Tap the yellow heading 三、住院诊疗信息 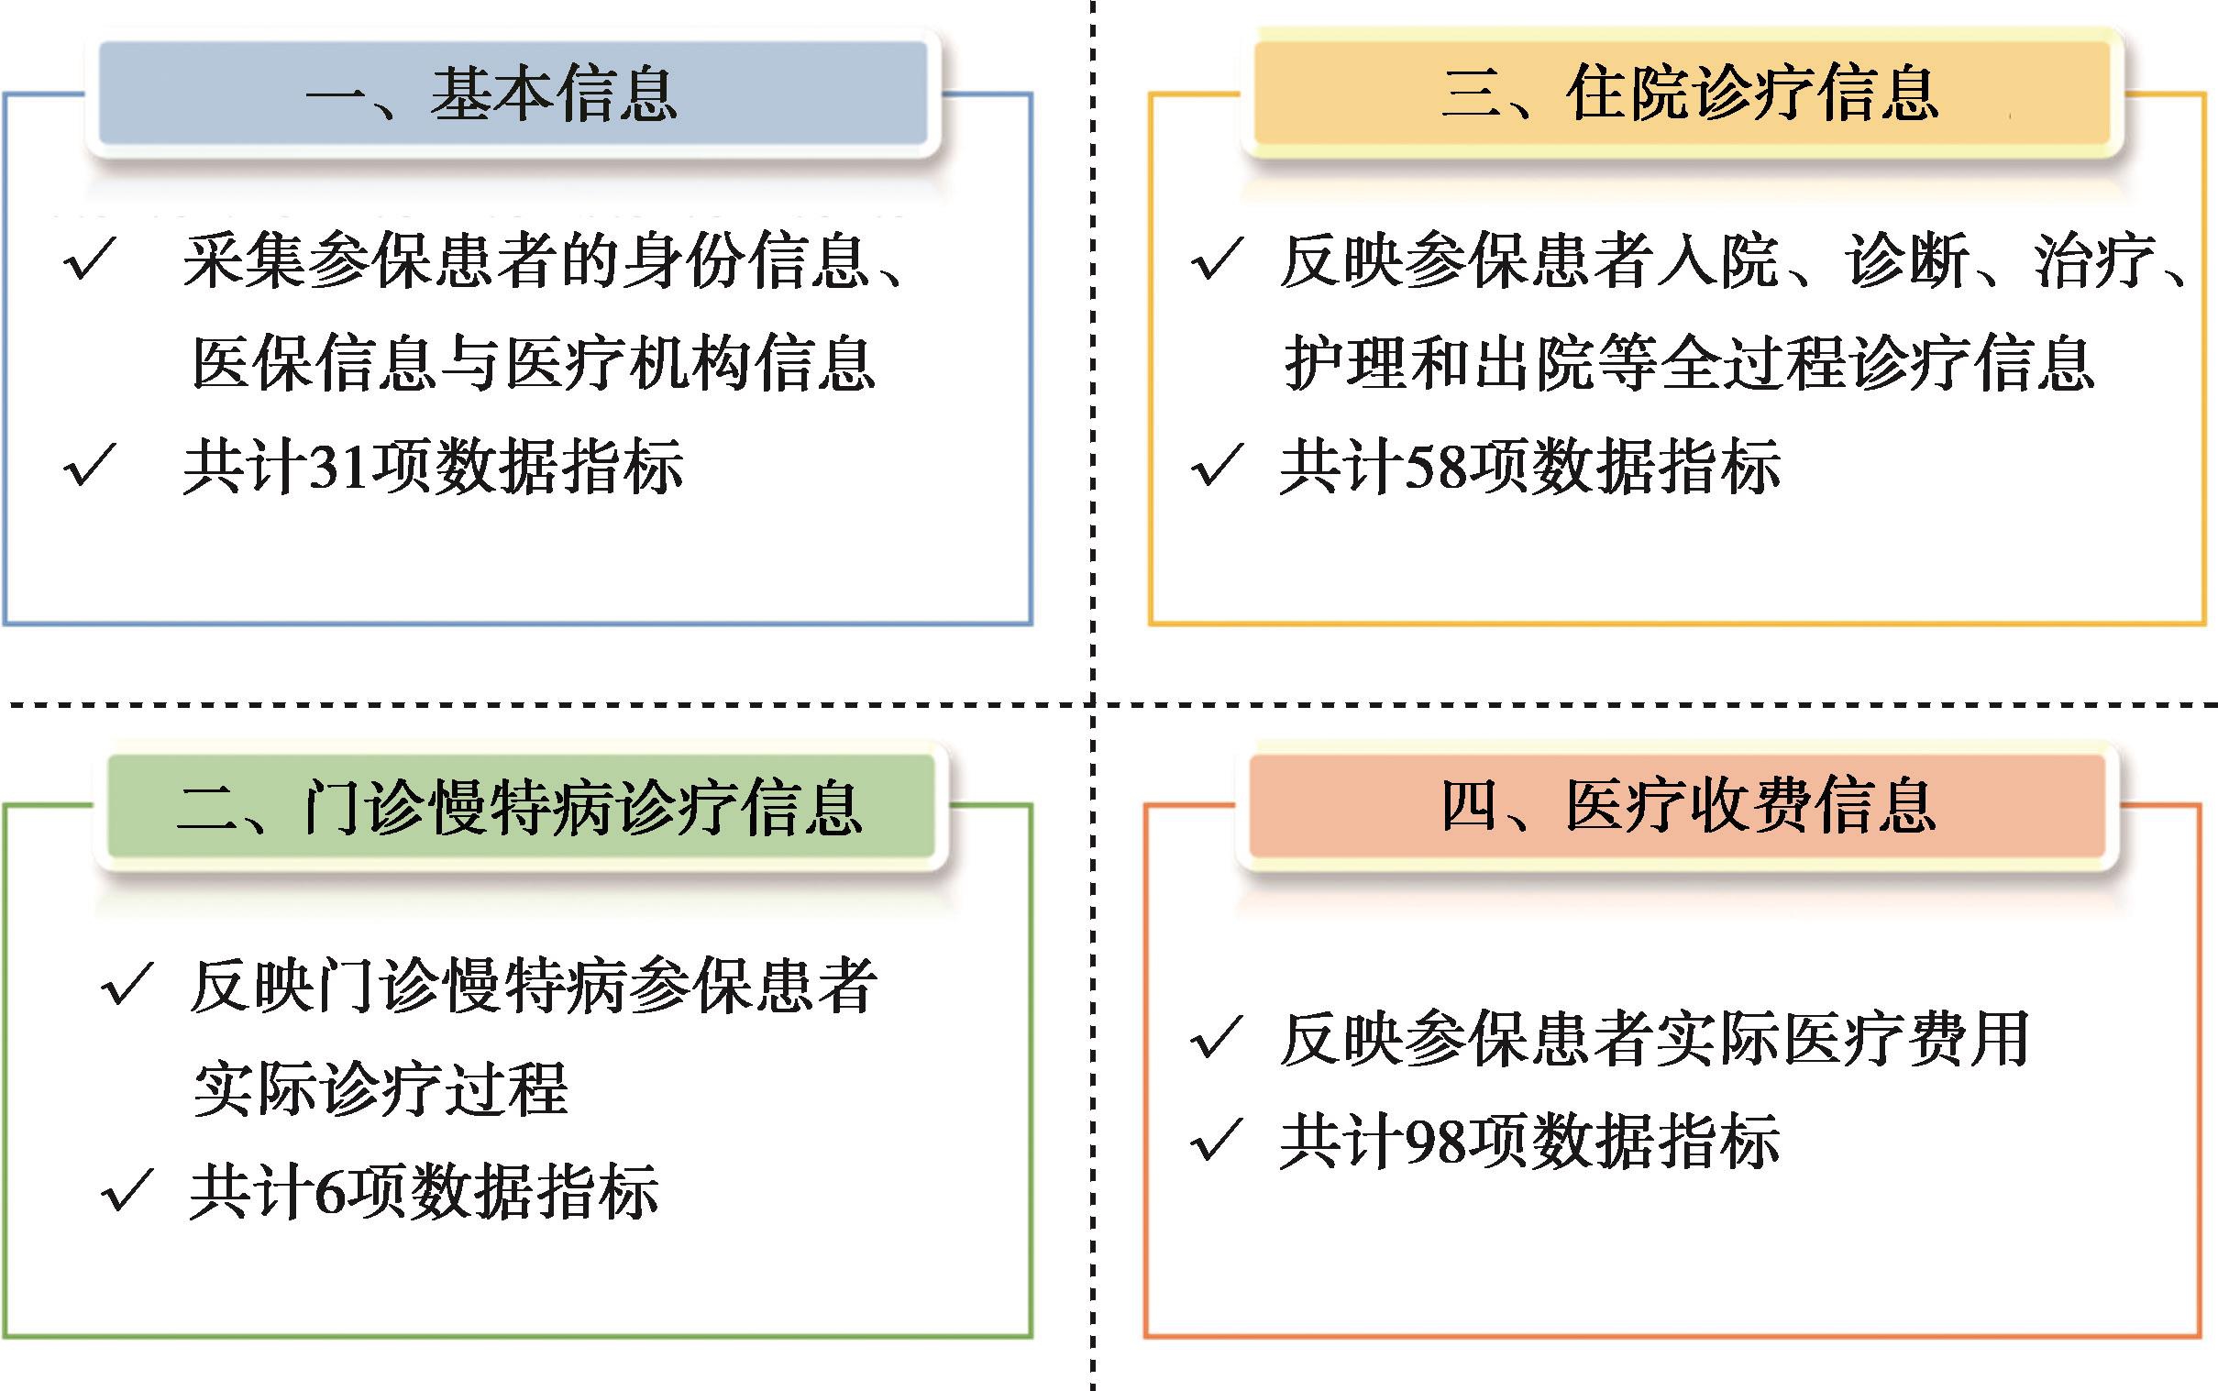coord(1689,94)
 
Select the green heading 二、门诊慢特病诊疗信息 coord(520,807)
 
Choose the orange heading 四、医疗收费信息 coord(1687,807)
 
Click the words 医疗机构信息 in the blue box coord(690,363)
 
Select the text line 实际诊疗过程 coord(381,1089)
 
